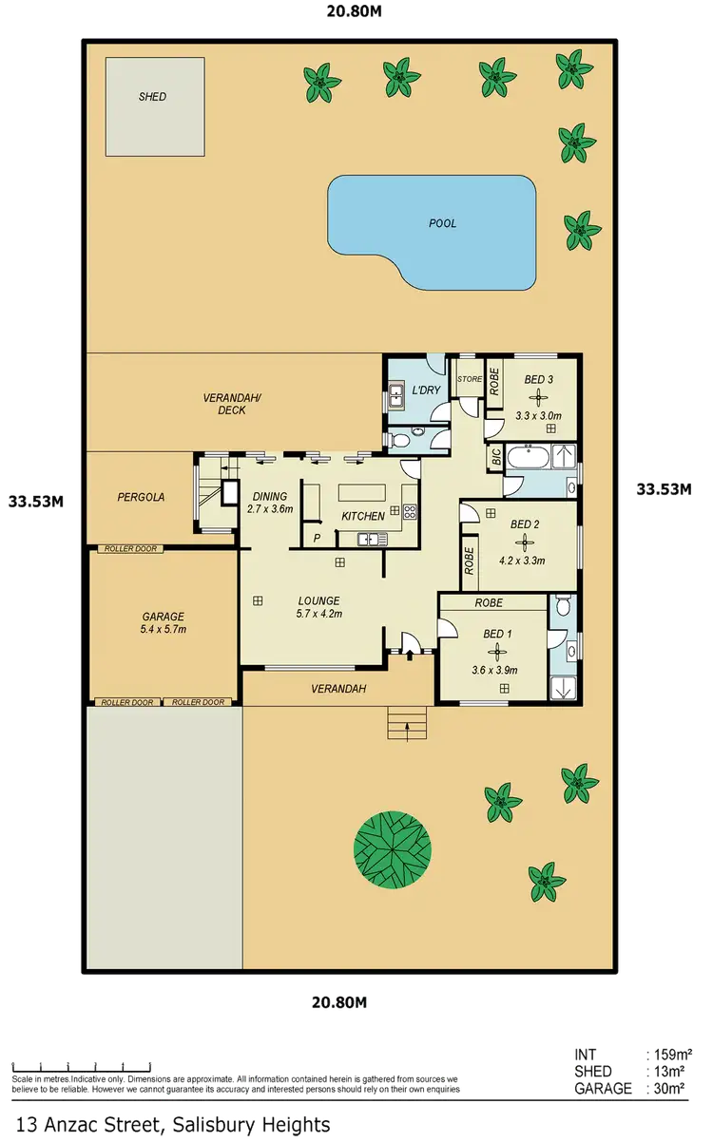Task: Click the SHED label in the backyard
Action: (x=152, y=97)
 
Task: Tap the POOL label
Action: (x=442, y=224)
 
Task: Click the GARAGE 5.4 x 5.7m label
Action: (x=162, y=622)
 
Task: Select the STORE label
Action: (x=470, y=379)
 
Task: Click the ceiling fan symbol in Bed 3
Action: (x=538, y=399)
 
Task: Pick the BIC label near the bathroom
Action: (x=496, y=457)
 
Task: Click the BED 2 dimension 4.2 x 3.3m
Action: (x=522, y=561)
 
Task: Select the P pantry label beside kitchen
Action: (x=317, y=538)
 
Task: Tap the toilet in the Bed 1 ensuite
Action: (x=563, y=605)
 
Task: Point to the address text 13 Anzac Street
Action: (x=171, y=1125)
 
